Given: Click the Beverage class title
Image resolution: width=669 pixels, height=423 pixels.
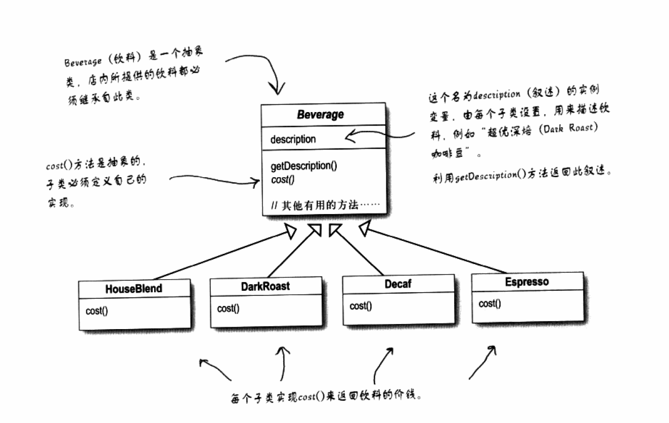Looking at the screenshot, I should tap(320, 115).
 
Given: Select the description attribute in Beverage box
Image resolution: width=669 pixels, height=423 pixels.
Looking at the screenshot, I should tap(293, 139).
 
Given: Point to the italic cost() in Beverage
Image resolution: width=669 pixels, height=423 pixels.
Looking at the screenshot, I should tap(283, 179).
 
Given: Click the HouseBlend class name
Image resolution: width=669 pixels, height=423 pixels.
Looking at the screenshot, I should tap(133, 289).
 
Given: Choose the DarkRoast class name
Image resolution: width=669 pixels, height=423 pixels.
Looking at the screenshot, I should tap(265, 286).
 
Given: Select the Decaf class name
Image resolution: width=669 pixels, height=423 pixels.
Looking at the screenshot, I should tap(397, 284).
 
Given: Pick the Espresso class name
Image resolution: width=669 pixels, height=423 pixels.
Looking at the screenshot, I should tap(526, 282).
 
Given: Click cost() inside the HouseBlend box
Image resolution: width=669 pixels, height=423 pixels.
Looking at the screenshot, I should tap(97, 311).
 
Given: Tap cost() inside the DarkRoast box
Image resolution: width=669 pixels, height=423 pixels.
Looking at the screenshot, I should tap(228, 308).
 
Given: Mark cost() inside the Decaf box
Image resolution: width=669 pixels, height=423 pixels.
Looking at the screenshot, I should tap(361, 306).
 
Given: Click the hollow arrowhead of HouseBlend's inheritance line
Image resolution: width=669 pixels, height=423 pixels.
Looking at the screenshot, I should tap(290, 231).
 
